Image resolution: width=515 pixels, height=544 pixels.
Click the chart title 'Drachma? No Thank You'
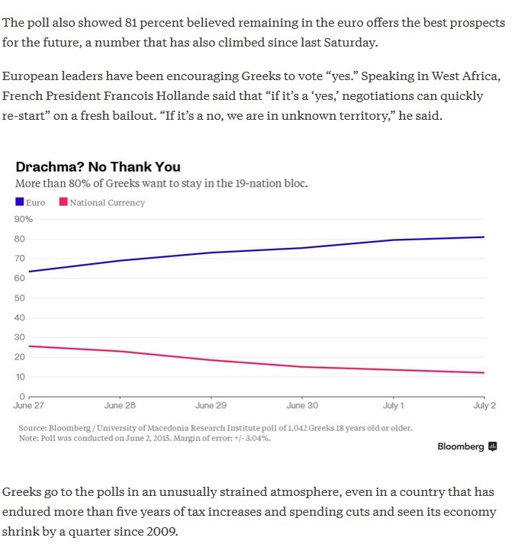click(x=98, y=167)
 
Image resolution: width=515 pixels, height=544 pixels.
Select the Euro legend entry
click(x=31, y=202)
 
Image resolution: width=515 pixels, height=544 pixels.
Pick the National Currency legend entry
click(x=102, y=202)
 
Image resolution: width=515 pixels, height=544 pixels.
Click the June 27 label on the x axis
click(x=28, y=406)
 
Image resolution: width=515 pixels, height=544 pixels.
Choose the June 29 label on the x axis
click(x=211, y=406)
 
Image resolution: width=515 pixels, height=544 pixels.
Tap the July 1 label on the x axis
click(x=393, y=406)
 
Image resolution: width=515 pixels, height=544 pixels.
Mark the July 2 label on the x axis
click(x=484, y=406)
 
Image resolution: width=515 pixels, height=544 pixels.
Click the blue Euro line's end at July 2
click(x=484, y=237)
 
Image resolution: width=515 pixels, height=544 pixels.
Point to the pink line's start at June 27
click(x=28, y=346)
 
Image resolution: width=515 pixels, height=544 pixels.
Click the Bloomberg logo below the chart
click(x=467, y=446)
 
